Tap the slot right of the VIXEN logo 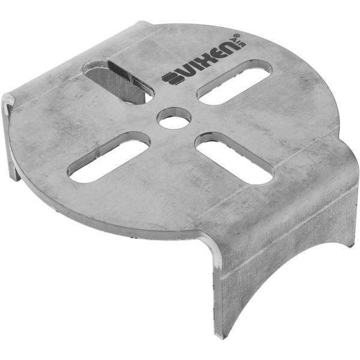233,82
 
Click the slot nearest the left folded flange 109,157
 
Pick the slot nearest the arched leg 234,158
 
